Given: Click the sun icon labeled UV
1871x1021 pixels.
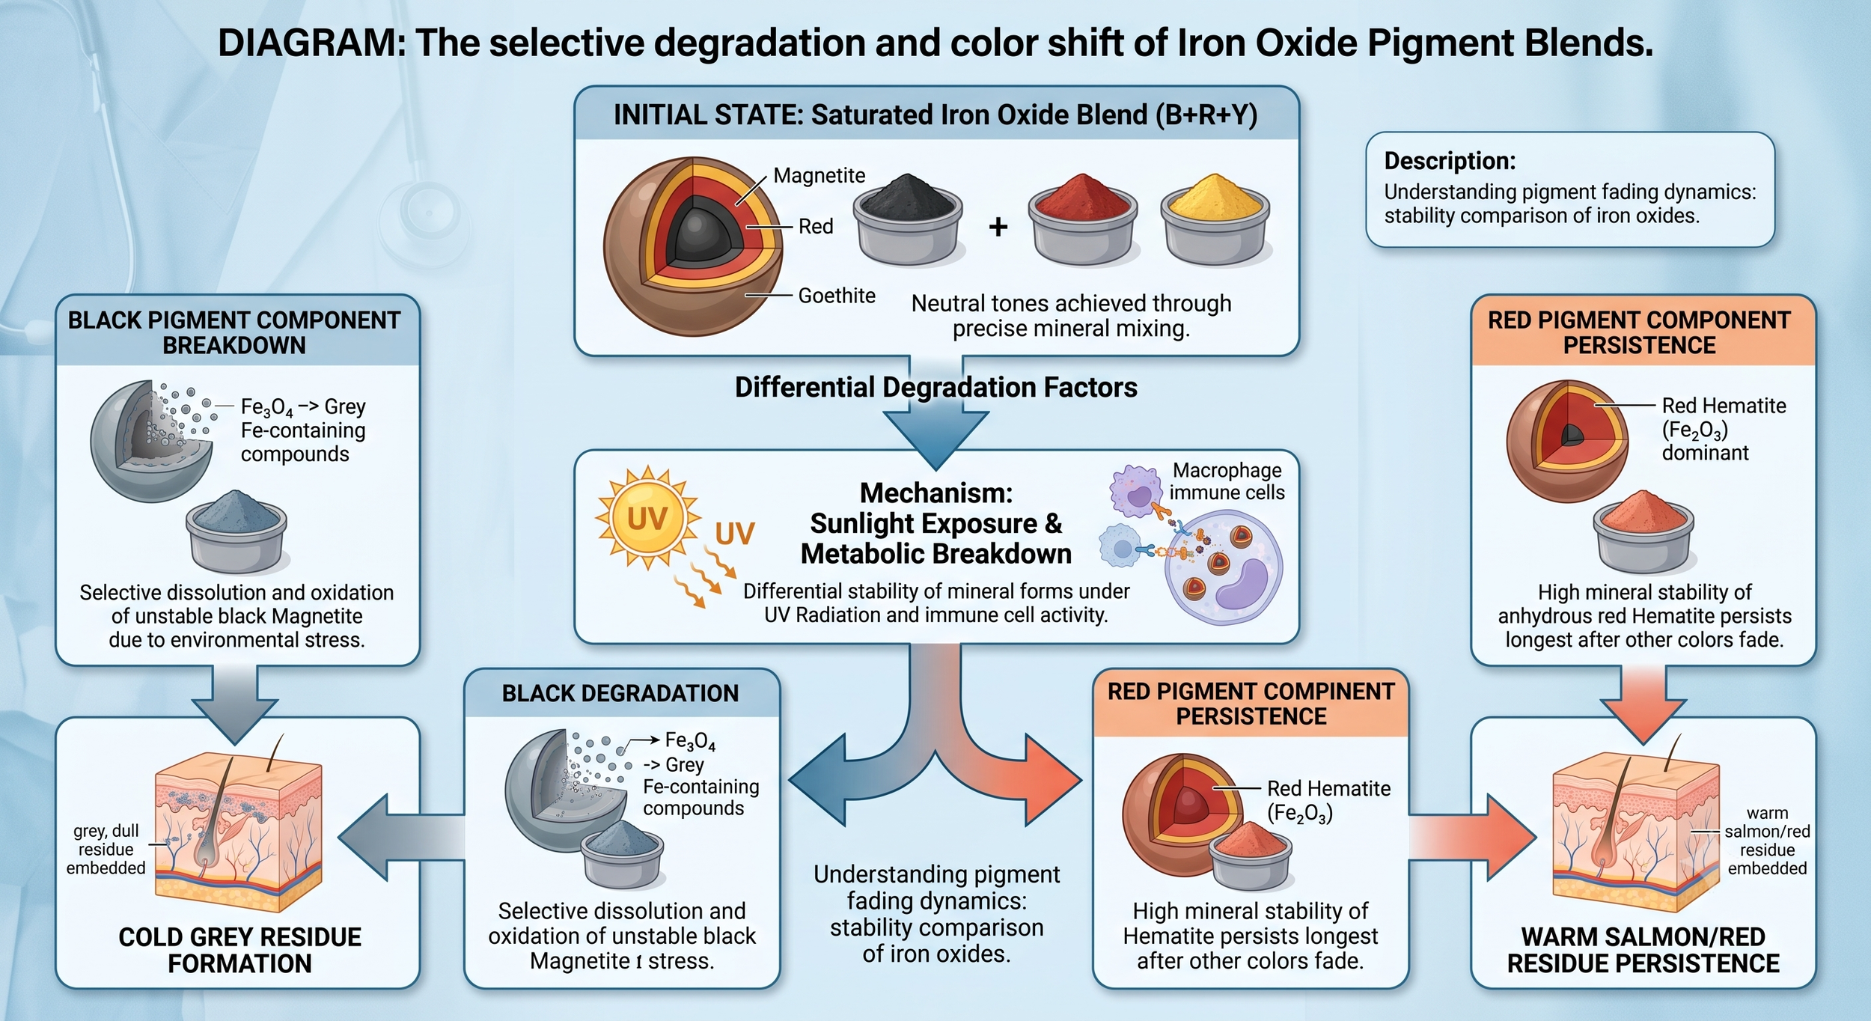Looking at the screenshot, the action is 648,518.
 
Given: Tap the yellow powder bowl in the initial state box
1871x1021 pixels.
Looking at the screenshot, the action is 1215,219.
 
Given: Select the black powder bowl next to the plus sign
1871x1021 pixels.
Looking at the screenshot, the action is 909,219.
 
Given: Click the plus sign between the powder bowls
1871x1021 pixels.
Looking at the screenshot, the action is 998,226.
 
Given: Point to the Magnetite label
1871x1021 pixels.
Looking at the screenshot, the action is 819,176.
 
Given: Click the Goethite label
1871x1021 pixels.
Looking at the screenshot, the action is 837,296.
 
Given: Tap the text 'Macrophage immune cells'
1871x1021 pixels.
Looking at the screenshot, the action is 1227,481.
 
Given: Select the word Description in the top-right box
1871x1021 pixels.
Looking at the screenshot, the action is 1450,161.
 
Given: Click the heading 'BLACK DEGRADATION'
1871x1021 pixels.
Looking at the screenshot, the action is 620,693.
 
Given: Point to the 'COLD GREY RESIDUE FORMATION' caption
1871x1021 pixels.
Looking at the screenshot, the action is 239,950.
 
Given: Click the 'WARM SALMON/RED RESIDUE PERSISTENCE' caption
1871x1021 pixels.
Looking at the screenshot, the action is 1643,950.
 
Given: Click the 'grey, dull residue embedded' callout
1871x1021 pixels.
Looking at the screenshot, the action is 106,849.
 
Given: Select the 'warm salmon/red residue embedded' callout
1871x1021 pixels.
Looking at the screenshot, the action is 1767,841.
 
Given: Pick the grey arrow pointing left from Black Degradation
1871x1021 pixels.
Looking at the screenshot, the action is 401,837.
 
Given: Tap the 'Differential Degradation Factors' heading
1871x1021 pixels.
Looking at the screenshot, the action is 936,387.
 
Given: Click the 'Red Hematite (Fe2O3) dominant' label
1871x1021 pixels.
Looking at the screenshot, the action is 1724,429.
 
